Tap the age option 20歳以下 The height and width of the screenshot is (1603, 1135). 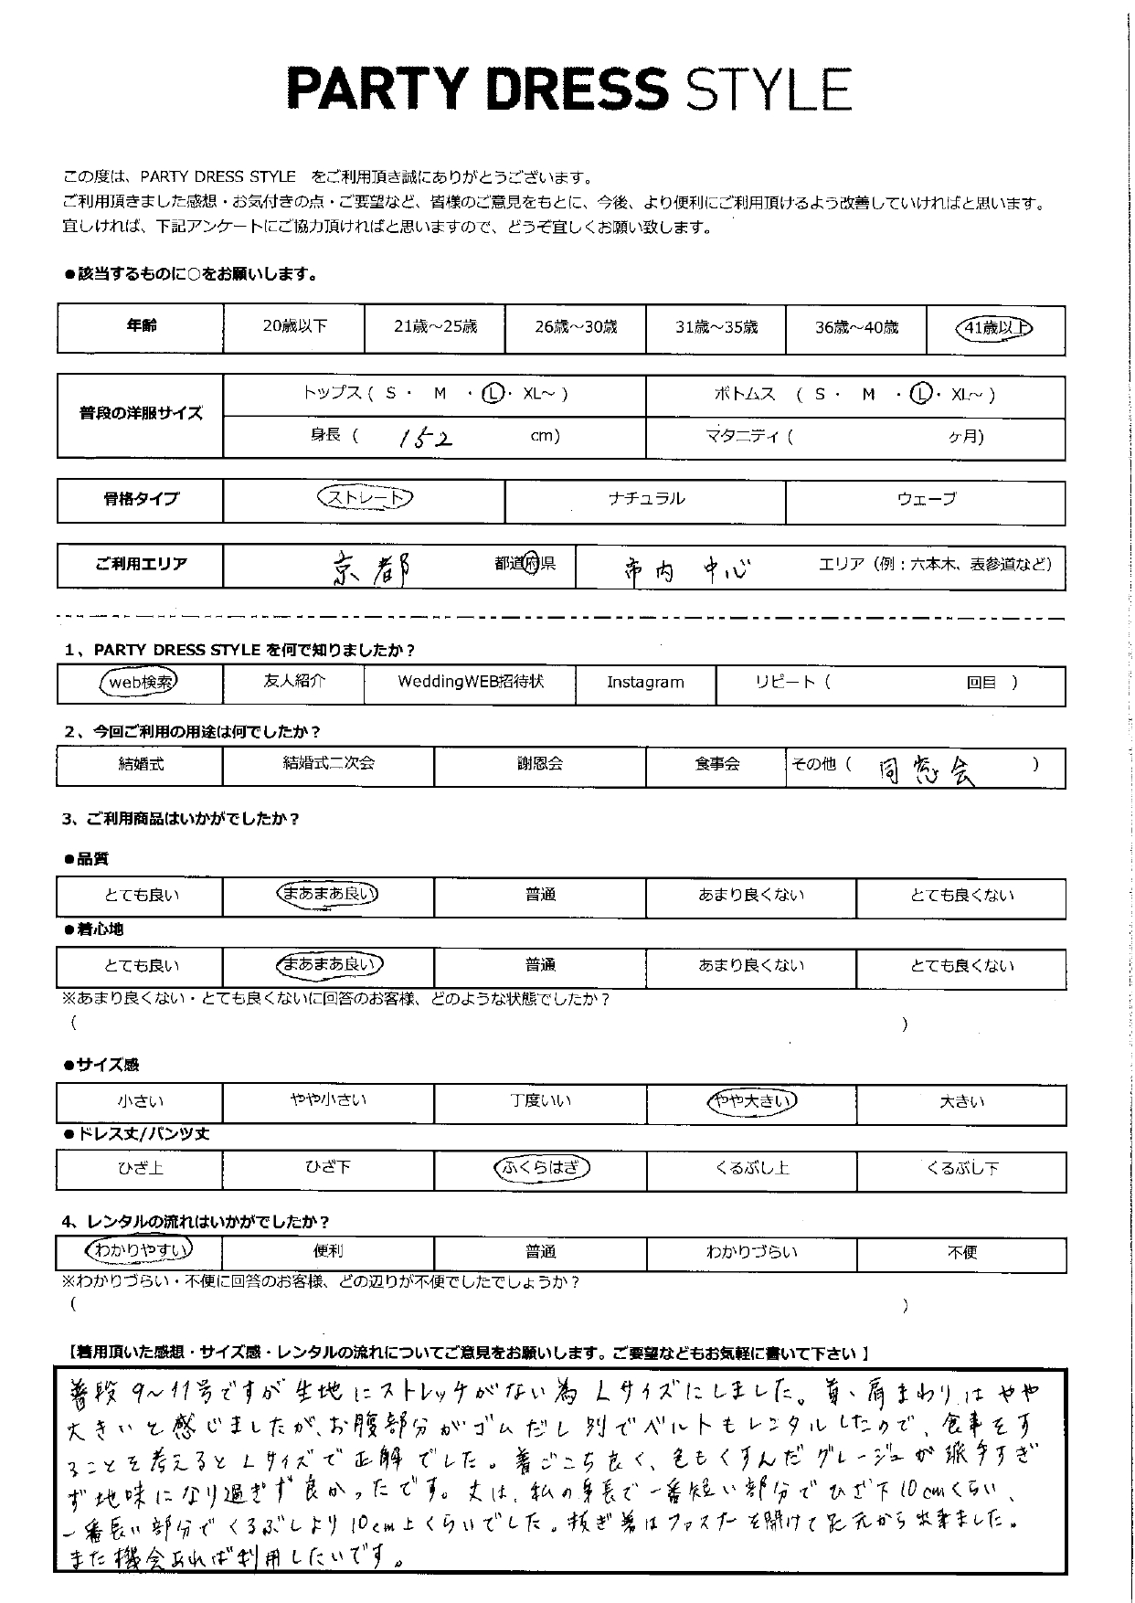point(294,326)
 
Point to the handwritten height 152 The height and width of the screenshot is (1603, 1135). point(426,438)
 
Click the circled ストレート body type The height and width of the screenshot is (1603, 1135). point(365,498)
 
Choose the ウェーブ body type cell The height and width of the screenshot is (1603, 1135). point(926,499)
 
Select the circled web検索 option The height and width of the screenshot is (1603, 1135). point(139,682)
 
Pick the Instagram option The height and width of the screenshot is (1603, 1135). point(645,683)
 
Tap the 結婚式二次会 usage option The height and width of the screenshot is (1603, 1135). point(328,764)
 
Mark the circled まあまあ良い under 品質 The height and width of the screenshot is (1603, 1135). point(328,894)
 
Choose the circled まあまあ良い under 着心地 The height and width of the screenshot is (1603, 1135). point(328,964)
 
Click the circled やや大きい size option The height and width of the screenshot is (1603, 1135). point(751,1101)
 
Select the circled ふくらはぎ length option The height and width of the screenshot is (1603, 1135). point(540,1168)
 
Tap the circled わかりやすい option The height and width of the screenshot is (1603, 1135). point(139,1249)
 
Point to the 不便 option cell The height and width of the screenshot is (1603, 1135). point(961,1252)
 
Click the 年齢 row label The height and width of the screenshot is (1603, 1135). point(141,326)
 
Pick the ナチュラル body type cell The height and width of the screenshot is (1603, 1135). point(645,499)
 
